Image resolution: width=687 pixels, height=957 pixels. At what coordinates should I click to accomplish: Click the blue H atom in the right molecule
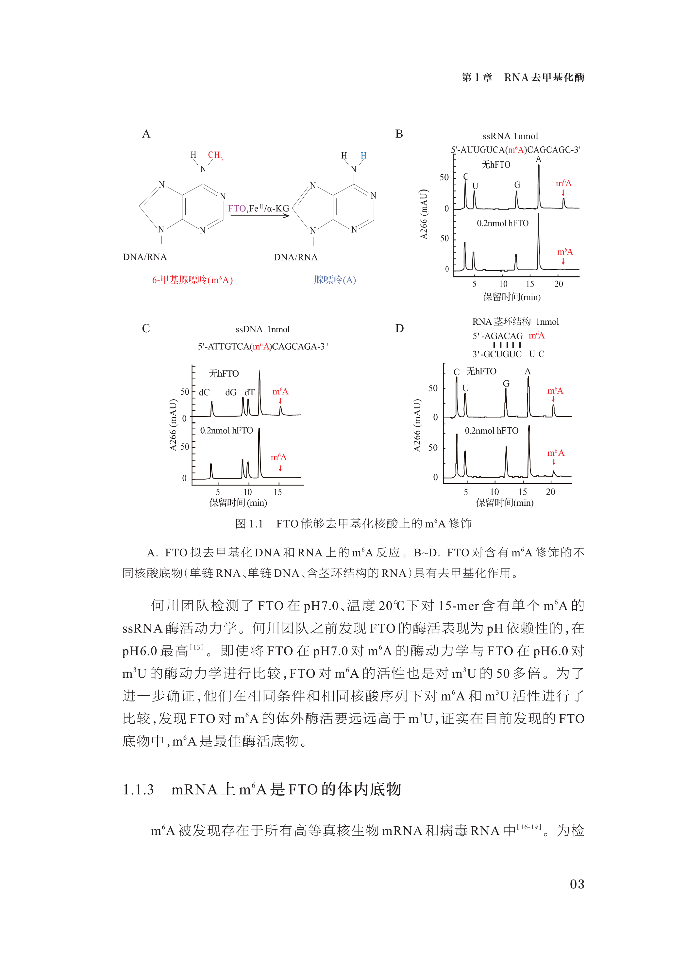pyautogui.click(x=363, y=156)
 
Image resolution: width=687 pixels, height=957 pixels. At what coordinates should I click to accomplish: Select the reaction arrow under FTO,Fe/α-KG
pyautogui.click(x=260, y=216)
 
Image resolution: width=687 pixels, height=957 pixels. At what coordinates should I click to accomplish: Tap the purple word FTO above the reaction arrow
pyautogui.click(x=237, y=208)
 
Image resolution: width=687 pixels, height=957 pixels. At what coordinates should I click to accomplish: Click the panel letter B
pyautogui.click(x=399, y=134)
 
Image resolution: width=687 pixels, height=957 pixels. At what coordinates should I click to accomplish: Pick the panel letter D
pyautogui.click(x=399, y=328)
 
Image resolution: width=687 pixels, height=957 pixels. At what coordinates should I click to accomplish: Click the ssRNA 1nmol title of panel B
pyautogui.click(x=510, y=136)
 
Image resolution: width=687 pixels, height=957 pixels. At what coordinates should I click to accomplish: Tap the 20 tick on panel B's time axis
pyautogui.click(x=558, y=284)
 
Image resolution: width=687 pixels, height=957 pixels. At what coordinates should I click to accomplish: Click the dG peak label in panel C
pyautogui.click(x=230, y=392)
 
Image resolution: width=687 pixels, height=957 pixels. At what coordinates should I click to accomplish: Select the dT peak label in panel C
pyautogui.click(x=249, y=392)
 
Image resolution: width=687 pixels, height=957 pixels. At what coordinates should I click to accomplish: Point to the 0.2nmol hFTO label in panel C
pyautogui.click(x=226, y=430)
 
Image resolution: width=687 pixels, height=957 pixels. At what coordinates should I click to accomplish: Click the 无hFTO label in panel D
pyautogui.click(x=481, y=371)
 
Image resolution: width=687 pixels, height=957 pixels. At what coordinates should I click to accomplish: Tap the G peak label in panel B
pyautogui.click(x=517, y=185)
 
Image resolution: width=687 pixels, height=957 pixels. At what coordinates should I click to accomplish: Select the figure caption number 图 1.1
pyautogui.click(x=249, y=524)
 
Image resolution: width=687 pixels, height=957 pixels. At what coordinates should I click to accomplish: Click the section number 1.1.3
pyautogui.click(x=138, y=789)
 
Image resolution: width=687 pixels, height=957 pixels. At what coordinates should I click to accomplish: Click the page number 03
pyautogui.click(x=577, y=884)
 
